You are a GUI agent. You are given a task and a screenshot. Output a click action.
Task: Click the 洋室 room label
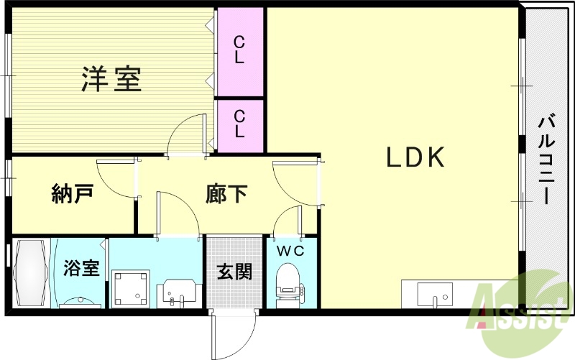(x=111, y=78)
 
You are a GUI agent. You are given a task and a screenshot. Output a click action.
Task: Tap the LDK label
(x=418, y=157)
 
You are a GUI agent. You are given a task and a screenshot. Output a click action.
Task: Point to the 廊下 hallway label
(x=226, y=193)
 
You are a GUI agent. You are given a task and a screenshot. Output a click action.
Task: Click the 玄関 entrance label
(x=234, y=272)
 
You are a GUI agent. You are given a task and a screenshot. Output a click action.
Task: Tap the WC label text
(x=291, y=251)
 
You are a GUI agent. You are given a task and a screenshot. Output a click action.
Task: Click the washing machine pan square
(x=131, y=287)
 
